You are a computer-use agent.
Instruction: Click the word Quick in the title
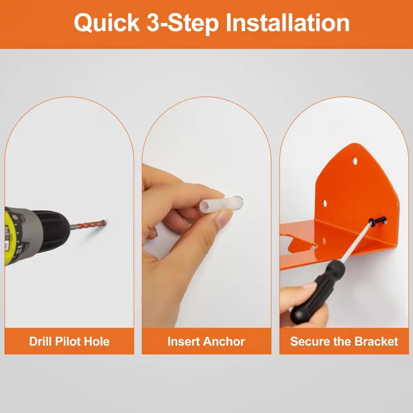[x=107, y=23]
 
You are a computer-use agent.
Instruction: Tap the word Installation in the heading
[x=288, y=23]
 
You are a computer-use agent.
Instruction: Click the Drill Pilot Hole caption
[x=69, y=341]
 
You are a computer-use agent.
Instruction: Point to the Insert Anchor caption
[x=206, y=341]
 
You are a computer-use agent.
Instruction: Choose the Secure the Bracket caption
[x=344, y=341]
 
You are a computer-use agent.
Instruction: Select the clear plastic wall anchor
[x=221, y=204]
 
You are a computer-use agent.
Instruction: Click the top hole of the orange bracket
[x=355, y=161]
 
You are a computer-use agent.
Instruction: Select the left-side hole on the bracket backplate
[x=325, y=203]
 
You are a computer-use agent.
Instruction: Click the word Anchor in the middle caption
[x=224, y=341]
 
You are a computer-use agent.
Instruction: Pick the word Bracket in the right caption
[x=376, y=341]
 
